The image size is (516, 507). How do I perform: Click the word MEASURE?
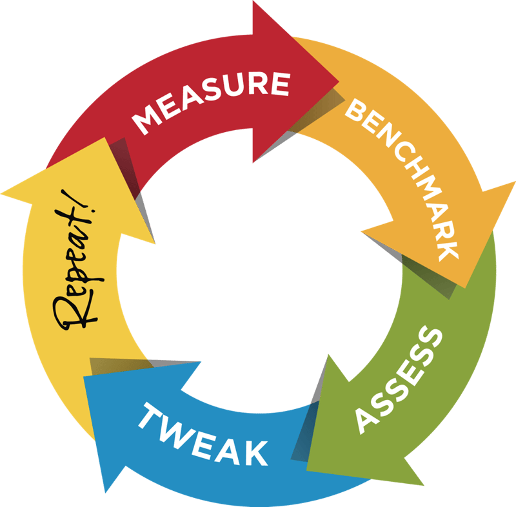tap(211, 102)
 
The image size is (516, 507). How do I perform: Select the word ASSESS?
tap(399, 379)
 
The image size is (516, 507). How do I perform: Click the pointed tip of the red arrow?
tap(339, 81)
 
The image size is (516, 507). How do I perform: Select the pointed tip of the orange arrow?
tap(464, 288)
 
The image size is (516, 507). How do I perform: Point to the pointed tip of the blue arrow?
tap(84, 377)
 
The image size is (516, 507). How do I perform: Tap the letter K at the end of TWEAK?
tap(256, 453)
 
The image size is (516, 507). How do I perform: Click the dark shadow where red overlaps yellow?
tap(124, 164)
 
